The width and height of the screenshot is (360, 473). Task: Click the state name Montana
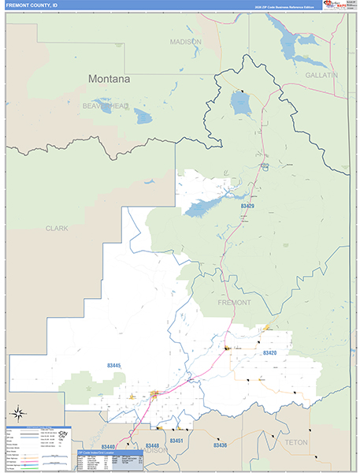(109, 79)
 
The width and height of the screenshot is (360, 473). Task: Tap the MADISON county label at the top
(186, 42)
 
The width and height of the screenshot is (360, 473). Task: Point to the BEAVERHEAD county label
(106, 106)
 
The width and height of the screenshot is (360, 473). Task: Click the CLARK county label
(57, 229)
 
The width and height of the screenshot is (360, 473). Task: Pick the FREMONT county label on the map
(234, 302)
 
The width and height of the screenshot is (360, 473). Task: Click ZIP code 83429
(247, 207)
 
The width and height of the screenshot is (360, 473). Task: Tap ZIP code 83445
(113, 365)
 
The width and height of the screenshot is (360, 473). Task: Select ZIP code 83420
(270, 352)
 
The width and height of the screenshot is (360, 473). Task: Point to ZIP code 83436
(220, 445)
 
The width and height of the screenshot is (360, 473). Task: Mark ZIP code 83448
(152, 446)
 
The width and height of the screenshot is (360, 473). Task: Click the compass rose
(18, 412)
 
